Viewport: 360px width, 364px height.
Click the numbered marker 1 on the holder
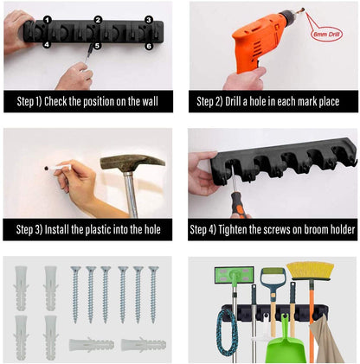pyautogui.click(x=47, y=19)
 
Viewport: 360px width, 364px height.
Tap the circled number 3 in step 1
pyautogui.click(x=149, y=19)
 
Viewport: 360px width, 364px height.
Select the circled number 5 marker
pyautogui.click(x=97, y=46)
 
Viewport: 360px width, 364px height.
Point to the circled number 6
pyautogui.click(x=149, y=46)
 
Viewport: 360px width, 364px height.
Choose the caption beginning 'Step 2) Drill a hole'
pyautogui.click(x=273, y=102)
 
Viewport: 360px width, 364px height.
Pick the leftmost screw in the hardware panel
pyautogui.click(x=75, y=294)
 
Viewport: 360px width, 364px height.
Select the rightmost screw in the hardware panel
pyautogui.click(x=153, y=294)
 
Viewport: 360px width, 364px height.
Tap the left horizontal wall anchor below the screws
pyautogui.click(x=91, y=344)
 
